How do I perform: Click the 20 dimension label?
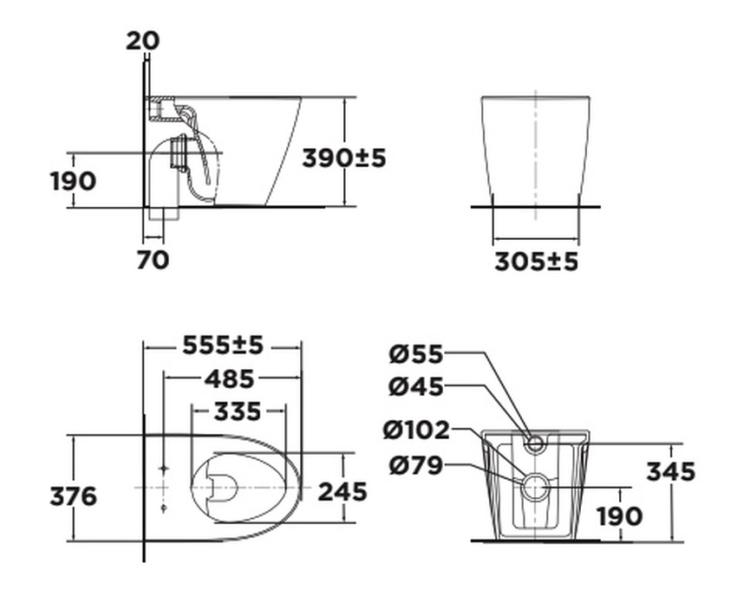(142, 40)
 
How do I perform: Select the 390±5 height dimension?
(343, 158)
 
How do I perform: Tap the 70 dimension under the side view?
(153, 258)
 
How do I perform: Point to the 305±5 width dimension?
(536, 261)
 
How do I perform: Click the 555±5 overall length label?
(222, 345)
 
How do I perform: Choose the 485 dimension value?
(230, 379)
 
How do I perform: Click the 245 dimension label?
(342, 491)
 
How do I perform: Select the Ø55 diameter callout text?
(415, 353)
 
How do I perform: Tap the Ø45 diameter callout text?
(415, 386)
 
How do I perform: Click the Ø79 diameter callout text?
(415, 466)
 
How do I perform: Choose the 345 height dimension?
(670, 471)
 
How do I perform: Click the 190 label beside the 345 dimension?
(619, 516)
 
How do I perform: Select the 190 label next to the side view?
(73, 182)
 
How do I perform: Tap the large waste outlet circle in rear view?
(535, 488)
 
